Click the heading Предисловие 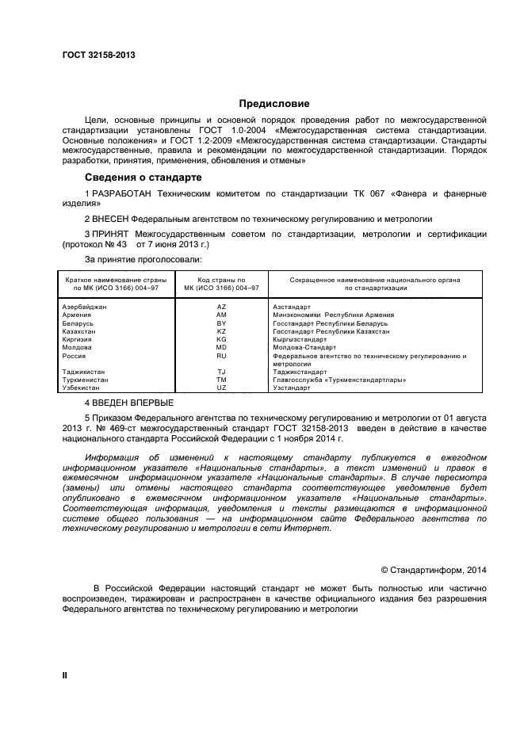[x=274, y=103]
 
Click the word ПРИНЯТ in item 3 [x=113, y=235]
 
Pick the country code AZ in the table [x=221, y=306]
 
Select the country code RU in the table [x=221, y=356]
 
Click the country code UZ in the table [x=221, y=388]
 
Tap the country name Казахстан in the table [x=77, y=330]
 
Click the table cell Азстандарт [x=291, y=306]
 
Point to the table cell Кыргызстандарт [x=299, y=339]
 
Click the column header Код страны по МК [x=221, y=284]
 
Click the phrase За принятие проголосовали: [x=143, y=259]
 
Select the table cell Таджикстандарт [x=299, y=372]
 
